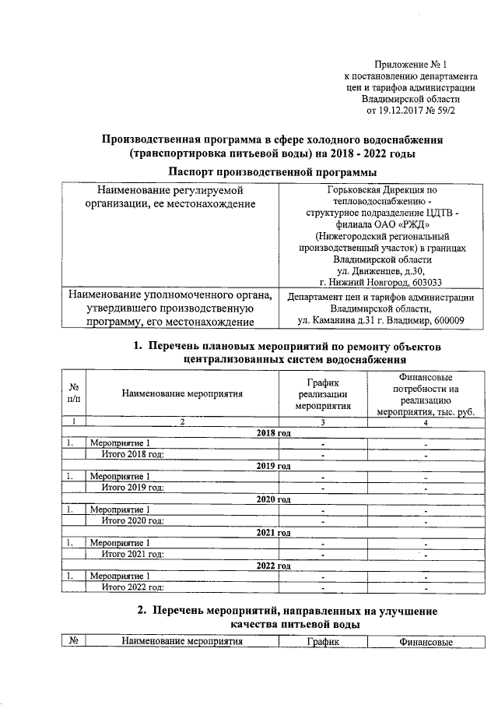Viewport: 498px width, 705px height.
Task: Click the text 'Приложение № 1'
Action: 412,65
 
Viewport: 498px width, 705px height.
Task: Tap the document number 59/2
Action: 444,111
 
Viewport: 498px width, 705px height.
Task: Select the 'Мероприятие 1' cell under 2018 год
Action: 120,443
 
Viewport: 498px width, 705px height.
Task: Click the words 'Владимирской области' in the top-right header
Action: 411,99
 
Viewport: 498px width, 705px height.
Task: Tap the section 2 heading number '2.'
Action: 143,612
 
